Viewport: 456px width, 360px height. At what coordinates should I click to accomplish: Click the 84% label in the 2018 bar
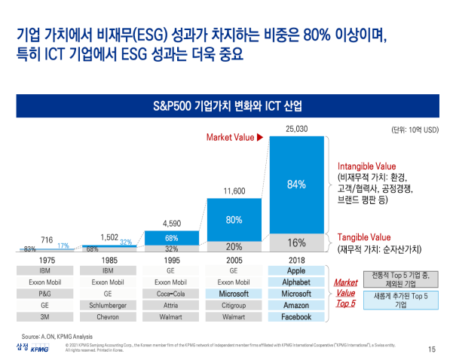coord(296,185)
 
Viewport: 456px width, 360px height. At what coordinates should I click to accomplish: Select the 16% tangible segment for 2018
coord(296,243)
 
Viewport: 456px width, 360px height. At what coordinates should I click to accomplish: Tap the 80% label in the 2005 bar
coord(234,220)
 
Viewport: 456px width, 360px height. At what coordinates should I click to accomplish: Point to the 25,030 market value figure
coord(296,130)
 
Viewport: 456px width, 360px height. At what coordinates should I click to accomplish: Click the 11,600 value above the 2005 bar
coord(234,191)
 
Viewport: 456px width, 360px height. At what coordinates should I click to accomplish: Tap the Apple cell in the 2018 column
coord(296,270)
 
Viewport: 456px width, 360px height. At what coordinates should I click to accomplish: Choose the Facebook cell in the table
coord(296,317)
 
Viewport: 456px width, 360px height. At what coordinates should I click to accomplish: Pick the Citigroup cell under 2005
coord(234,305)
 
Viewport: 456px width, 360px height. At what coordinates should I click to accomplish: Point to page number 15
coord(432,349)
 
